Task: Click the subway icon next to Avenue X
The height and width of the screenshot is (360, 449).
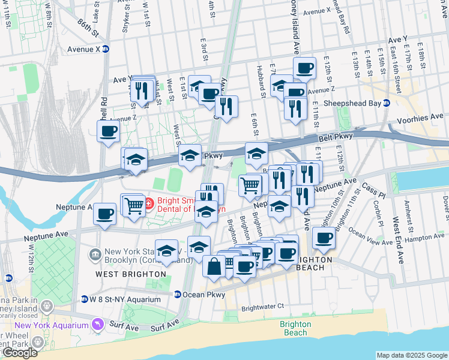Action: (x=105, y=49)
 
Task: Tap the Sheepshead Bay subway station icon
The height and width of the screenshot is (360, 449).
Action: (x=387, y=103)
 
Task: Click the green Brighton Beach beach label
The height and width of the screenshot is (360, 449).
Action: (x=295, y=328)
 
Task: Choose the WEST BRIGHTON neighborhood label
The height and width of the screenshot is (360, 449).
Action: (x=130, y=274)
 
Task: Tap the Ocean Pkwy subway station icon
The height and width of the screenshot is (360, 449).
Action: (x=178, y=294)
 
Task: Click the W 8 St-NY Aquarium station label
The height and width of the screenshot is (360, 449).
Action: (x=125, y=299)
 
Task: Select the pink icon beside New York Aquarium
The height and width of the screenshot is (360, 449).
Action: (x=97, y=325)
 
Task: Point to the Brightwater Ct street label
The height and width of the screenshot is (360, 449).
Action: (x=262, y=307)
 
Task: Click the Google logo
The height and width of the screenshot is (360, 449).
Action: (x=20, y=353)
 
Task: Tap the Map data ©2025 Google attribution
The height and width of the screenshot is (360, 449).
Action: (x=411, y=355)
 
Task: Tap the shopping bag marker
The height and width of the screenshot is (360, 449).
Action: (x=214, y=266)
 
